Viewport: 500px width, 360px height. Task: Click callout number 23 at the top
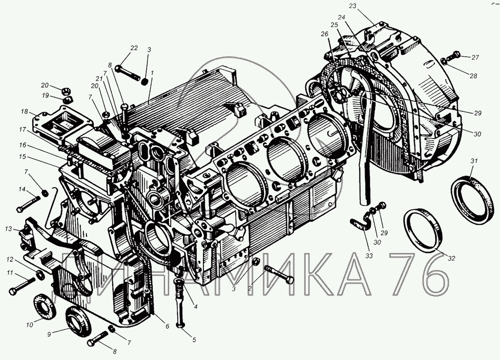coord(353,6)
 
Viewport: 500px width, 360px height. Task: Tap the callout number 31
coord(474,161)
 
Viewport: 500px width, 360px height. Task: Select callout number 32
coord(451,258)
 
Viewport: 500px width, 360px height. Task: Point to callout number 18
coord(25,111)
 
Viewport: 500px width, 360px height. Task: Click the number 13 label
coord(8,229)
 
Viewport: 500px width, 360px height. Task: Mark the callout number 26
coord(325,34)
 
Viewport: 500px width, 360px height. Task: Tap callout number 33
coord(369,256)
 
